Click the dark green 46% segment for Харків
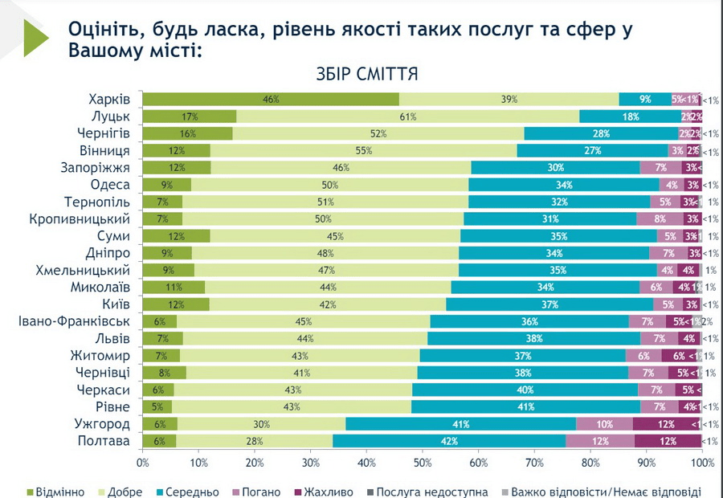271,100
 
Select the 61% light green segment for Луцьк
407,116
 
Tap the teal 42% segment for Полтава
449,441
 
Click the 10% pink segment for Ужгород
604,424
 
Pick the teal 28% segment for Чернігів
602,133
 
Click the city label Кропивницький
80,219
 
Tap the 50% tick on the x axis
423,463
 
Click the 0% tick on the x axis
143,463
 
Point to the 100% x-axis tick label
702,463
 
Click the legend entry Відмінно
55,492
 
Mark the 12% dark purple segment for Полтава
668,441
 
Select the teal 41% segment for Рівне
526,407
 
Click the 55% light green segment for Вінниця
363,150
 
